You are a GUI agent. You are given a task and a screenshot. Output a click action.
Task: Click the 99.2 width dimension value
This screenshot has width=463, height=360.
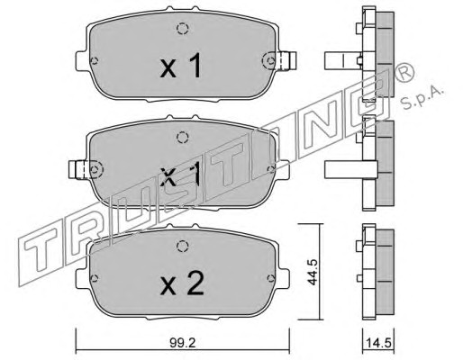point(182,343)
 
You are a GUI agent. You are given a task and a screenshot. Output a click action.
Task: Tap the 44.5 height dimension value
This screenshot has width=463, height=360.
point(313,272)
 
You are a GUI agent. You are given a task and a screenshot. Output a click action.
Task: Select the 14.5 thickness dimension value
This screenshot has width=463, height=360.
point(378,343)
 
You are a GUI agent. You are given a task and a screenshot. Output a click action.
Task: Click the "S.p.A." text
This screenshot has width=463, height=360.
point(422,96)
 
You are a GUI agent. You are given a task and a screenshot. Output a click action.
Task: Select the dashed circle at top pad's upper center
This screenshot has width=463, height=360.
point(182,29)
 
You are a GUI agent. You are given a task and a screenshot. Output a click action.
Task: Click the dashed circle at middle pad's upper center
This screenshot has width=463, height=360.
point(182,138)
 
